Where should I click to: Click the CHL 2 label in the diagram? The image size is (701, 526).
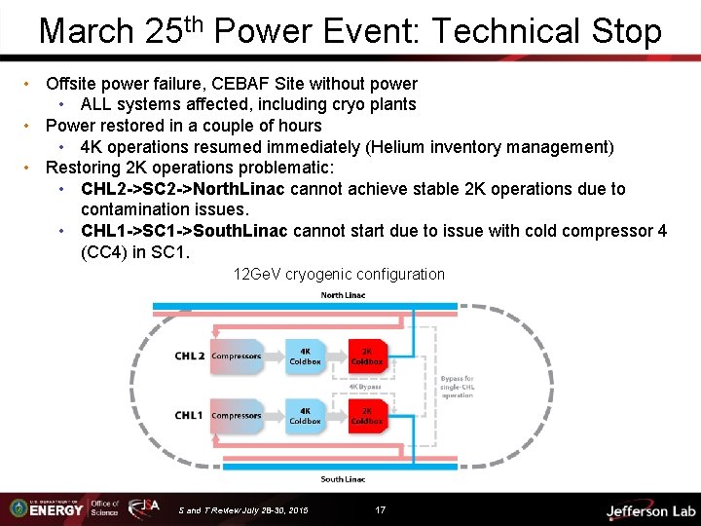coord(189,357)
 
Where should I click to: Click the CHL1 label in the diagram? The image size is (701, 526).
coord(189,416)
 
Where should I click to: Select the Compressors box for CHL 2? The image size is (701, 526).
coord(237,357)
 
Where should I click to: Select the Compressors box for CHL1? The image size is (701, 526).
coord(237,416)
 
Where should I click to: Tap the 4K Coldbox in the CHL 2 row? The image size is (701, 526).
coord(305,357)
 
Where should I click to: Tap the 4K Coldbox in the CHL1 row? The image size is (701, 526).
coord(305,416)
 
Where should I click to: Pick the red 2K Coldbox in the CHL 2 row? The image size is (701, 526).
coord(367,357)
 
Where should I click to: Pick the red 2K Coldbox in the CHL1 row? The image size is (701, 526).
coord(367,416)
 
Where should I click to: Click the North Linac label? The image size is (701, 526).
coord(343,295)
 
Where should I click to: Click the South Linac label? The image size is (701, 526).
coord(343,479)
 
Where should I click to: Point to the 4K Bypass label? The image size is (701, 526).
coord(365,387)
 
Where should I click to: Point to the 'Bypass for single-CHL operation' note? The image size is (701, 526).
coord(457,387)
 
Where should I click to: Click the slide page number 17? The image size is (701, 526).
coord(381,509)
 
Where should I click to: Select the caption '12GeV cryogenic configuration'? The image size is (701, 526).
coord(339,275)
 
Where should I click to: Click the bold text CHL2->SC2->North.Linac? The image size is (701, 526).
coord(184,189)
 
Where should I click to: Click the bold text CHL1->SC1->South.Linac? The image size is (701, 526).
coord(184,231)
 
